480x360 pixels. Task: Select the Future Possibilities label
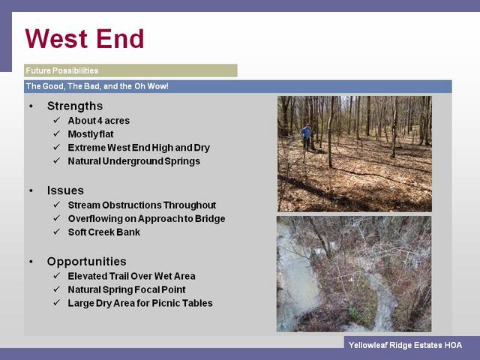coord(62,70)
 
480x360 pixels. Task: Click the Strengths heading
coord(75,106)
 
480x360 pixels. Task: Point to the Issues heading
coord(65,190)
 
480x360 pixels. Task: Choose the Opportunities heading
coord(87,262)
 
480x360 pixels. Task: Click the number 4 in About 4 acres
coord(100,121)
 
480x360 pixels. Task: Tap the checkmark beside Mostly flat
coord(57,133)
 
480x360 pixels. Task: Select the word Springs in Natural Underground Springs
coord(182,161)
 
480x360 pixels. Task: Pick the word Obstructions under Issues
coord(131,205)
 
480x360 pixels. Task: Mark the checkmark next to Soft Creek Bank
coord(57,232)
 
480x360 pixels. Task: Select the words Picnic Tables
coord(182,303)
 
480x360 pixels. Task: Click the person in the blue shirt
coord(307,137)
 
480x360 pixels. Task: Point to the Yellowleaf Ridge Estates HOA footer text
coord(405,345)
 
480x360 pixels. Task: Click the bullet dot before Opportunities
coord(31,262)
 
